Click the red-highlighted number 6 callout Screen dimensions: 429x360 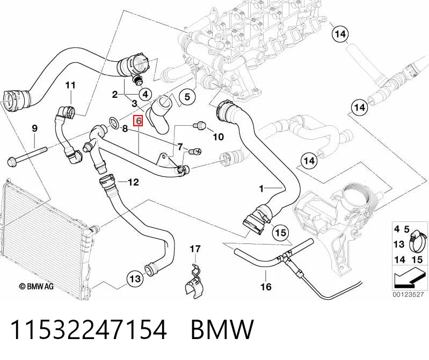pos(138,121)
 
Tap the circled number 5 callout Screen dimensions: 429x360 pos(187,97)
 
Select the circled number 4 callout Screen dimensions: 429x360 pos(146,95)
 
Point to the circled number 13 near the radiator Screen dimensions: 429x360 pos(135,279)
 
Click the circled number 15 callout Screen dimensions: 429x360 pos(280,233)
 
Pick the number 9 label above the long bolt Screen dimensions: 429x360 pos(35,128)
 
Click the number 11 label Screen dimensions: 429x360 pos(70,85)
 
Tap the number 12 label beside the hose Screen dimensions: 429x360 pos(133,182)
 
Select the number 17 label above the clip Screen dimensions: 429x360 pos(195,249)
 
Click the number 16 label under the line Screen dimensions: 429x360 pos(266,286)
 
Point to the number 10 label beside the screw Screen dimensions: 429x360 pos(218,136)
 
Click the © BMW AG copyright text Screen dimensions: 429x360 pos(37,286)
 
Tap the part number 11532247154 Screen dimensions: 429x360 pos(89,329)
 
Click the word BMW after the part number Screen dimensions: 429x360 pos(222,329)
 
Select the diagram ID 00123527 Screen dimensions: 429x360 pos(408,295)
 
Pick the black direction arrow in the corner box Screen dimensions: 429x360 pos(410,279)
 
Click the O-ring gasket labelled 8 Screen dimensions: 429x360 pos(113,123)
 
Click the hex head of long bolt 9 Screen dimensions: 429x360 pos(12,161)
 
